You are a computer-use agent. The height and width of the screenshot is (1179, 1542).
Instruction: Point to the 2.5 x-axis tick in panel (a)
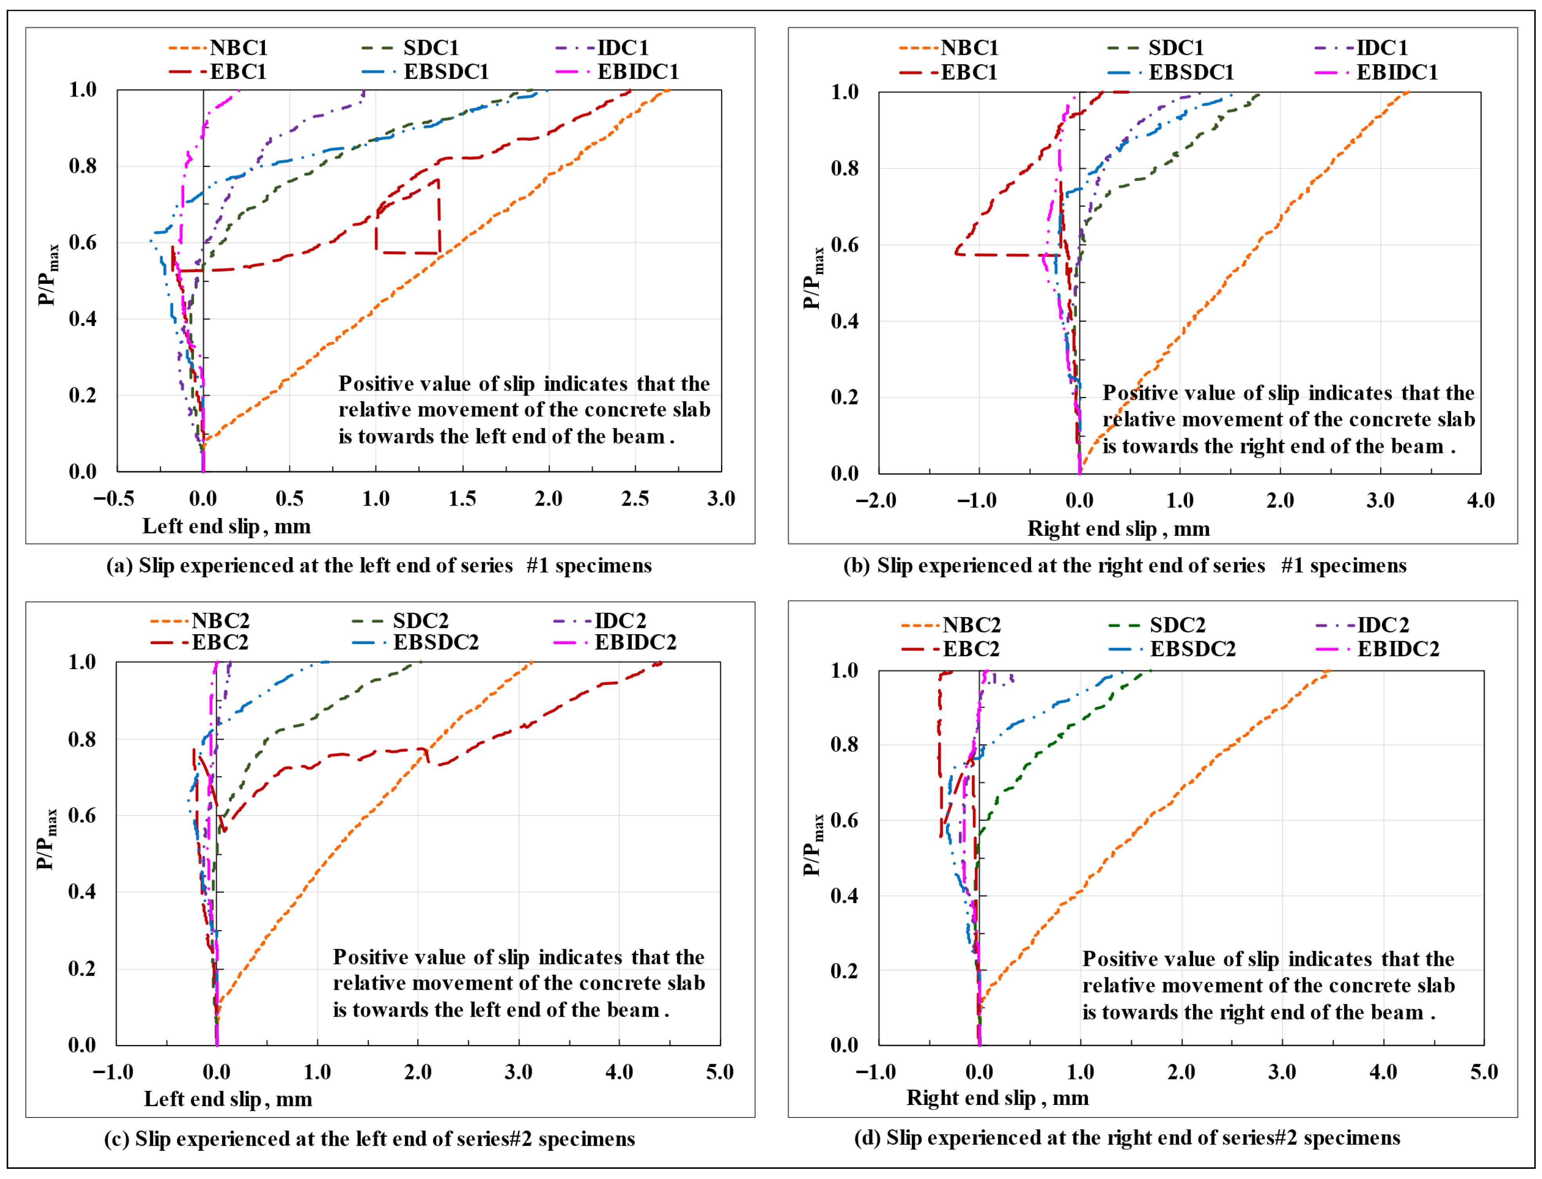click(x=635, y=499)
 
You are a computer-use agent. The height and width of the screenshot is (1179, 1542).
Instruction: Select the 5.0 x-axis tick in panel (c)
click(x=720, y=1072)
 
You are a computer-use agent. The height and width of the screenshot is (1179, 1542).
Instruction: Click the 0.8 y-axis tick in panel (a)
click(x=82, y=166)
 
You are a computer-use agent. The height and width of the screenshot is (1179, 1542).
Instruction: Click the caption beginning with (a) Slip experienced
click(x=379, y=566)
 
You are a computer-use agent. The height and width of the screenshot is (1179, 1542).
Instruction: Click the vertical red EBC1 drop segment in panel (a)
click(x=439, y=216)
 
